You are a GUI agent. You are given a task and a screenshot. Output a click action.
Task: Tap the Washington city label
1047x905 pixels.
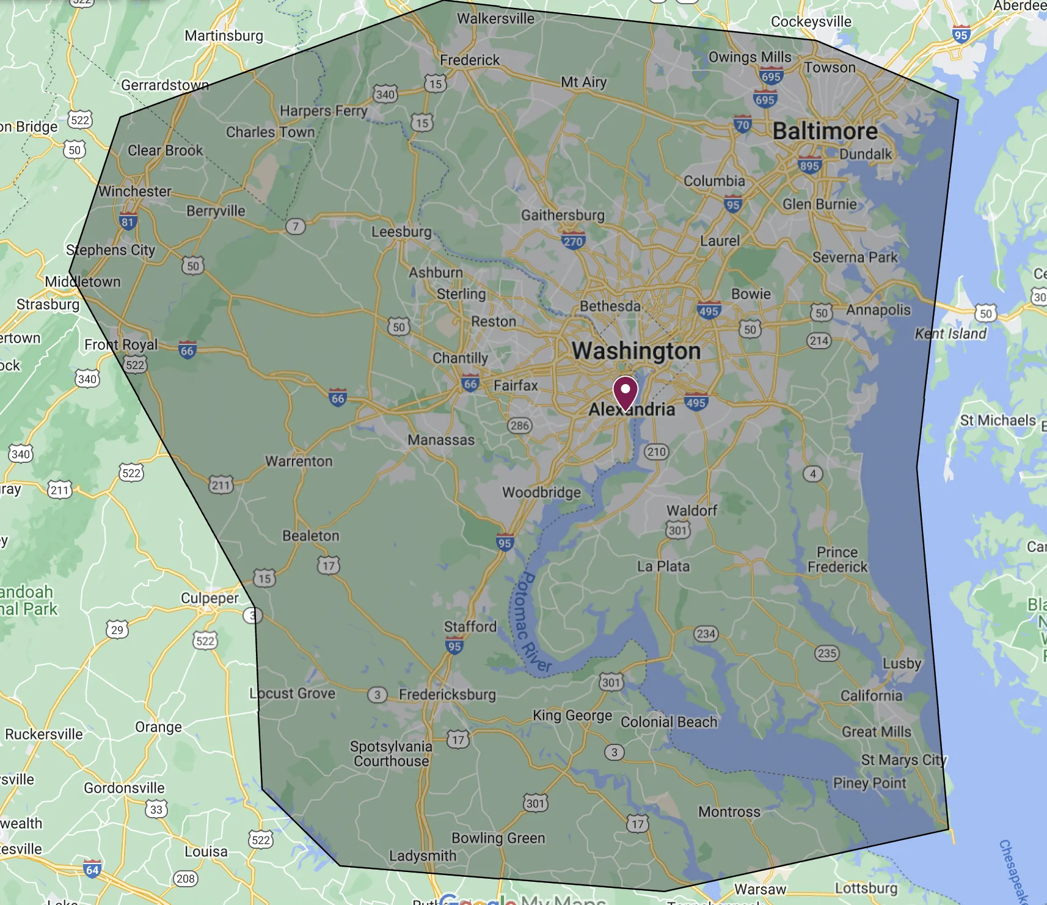pos(636,351)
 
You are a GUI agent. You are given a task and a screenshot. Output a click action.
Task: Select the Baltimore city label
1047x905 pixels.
pos(825,131)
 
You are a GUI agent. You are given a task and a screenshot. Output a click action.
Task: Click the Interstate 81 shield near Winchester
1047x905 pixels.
pos(128,222)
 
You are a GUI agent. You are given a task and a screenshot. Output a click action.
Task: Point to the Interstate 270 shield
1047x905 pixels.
pos(573,241)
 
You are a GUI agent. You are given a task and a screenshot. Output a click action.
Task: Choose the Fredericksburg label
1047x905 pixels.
pos(447,694)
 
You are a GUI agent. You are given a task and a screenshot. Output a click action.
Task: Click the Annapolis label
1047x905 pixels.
pos(878,310)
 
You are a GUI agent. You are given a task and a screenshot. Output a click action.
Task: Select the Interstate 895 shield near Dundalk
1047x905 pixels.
pos(809,165)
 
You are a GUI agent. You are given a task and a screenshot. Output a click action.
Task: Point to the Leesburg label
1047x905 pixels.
pos(401,232)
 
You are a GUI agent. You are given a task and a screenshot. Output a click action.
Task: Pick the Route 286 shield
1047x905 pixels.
pos(520,426)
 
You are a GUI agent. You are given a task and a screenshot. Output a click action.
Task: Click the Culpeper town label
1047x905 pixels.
pos(210,598)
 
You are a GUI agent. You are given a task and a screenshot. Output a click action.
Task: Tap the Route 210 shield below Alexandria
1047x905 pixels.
pos(657,452)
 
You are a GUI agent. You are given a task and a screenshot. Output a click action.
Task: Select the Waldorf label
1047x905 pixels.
pos(691,511)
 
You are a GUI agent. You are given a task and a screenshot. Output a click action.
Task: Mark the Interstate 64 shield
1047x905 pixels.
pos(92,870)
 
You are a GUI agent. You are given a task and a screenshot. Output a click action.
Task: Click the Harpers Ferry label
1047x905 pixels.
pos(323,111)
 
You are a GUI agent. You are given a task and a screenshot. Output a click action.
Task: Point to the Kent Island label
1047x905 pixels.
pos(950,333)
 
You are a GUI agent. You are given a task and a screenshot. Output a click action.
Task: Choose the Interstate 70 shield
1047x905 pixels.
pos(742,125)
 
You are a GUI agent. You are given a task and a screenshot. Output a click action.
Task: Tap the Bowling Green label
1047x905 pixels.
pos(498,838)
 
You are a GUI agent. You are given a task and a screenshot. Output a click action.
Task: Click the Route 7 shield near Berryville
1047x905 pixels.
pos(296,227)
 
